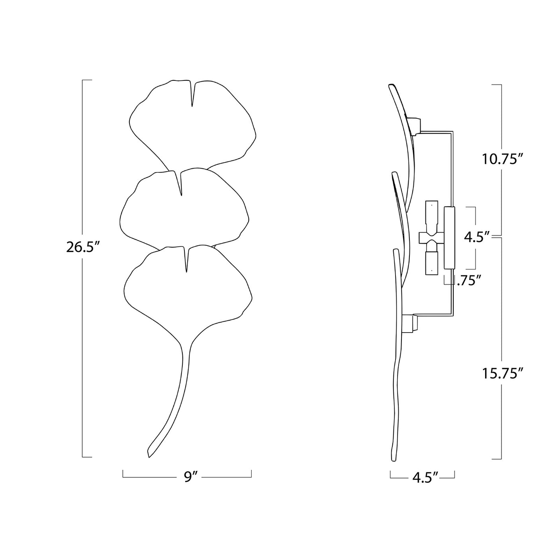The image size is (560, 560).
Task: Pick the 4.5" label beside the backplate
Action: [477, 237]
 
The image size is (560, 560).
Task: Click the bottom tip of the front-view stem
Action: [149, 456]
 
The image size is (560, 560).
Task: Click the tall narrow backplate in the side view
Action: [449, 237]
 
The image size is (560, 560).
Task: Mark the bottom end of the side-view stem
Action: [394, 460]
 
